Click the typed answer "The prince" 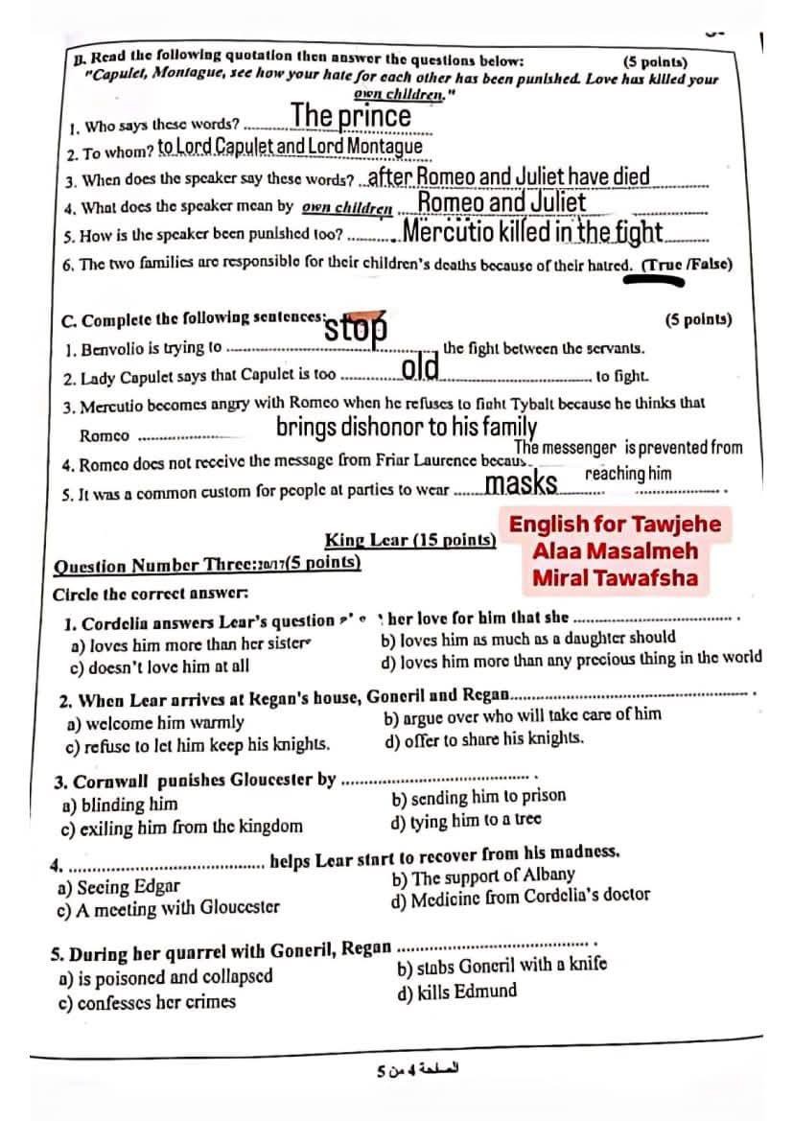click(351, 116)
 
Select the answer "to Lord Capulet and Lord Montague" click(290, 146)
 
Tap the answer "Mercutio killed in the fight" click(532, 232)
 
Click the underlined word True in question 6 click(661, 265)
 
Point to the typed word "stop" click(356, 329)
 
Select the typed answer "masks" click(522, 483)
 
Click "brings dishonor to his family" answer click(406, 427)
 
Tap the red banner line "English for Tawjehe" click(614, 525)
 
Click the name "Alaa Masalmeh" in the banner click(615, 551)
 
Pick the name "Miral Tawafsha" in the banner click(615, 578)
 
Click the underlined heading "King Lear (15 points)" click(409, 540)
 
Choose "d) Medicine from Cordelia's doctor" click(520, 897)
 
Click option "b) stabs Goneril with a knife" click(501, 966)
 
